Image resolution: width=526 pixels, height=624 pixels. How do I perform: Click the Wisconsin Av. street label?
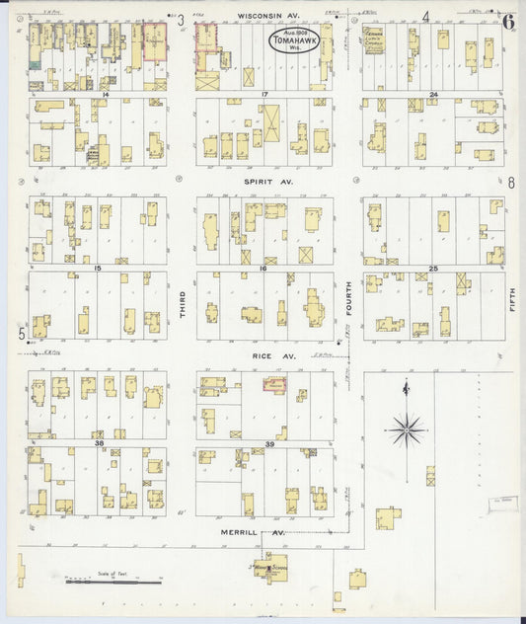(x=267, y=17)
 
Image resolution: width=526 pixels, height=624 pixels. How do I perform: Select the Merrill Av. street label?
(x=258, y=532)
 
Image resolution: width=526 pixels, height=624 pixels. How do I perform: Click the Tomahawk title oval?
(x=290, y=42)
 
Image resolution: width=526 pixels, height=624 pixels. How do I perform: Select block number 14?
(x=104, y=94)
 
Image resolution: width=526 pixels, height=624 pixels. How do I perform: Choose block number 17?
(x=265, y=94)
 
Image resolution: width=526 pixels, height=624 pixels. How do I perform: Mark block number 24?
(x=432, y=95)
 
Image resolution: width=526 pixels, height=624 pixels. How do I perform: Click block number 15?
(x=97, y=268)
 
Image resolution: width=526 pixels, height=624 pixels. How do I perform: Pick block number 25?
(x=432, y=268)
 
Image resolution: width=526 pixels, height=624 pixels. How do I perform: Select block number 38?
(x=98, y=443)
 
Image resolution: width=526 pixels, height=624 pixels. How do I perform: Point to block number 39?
(x=264, y=443)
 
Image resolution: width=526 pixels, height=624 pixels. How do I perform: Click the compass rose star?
(x=406, y=429)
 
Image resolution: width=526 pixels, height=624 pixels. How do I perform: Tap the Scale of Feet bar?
(x=113, y=583)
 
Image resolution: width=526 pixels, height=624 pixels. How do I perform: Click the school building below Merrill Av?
(x=269, y=567)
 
